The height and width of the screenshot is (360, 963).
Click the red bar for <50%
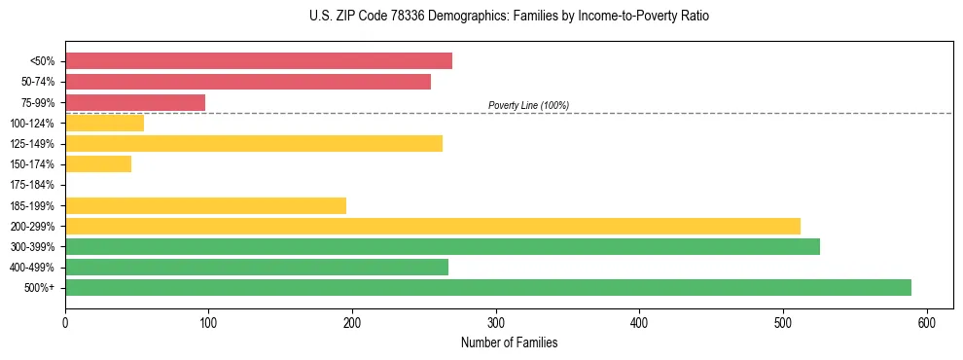click(259, 61)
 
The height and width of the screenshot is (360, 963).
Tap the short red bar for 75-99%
click(135, 102)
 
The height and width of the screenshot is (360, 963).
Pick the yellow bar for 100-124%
click(104, 123)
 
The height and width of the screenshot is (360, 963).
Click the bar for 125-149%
click(254, 143)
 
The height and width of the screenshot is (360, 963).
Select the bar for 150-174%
click(98, 164)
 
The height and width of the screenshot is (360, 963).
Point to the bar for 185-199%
click(205, 205)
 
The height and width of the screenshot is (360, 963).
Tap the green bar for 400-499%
click(257, 267)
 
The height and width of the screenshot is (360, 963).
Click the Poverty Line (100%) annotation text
click(528, 105)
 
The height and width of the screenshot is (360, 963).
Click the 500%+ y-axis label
click(41, 288)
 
